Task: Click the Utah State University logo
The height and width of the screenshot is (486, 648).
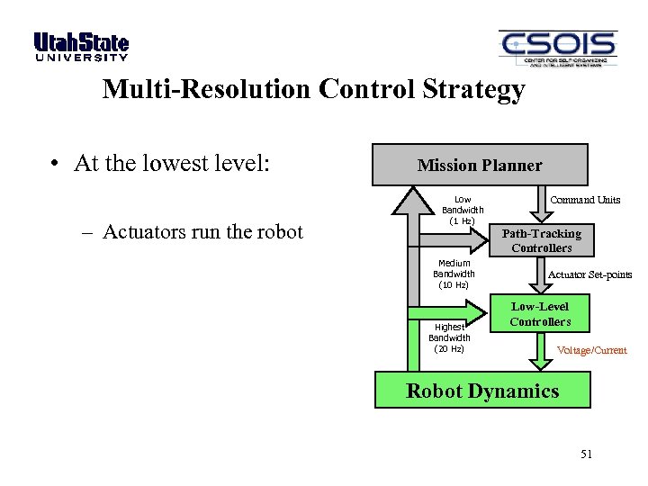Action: click(81, 47)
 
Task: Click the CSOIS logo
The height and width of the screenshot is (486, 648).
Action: click(557, 48)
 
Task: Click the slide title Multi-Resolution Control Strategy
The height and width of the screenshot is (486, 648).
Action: click(312, 90)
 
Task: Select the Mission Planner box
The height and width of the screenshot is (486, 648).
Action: click(480, 165)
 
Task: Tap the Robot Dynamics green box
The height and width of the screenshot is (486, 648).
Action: click(482, 391)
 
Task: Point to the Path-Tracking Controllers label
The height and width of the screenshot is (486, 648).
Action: click(541, 240)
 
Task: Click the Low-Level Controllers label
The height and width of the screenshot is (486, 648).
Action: click(540, 314)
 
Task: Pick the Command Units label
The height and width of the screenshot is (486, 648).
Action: click(585, 200)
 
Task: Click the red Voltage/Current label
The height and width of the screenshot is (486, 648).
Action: click(591, 350)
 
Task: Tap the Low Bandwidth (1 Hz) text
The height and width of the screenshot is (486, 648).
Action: click(463, 210)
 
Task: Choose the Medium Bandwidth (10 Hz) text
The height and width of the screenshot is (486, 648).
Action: click(454, 274)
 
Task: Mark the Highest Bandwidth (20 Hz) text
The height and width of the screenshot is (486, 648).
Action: click(449, 337)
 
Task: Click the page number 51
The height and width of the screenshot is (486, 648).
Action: click(586, 454)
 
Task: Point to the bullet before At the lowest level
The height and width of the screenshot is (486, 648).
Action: click(56, 165)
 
